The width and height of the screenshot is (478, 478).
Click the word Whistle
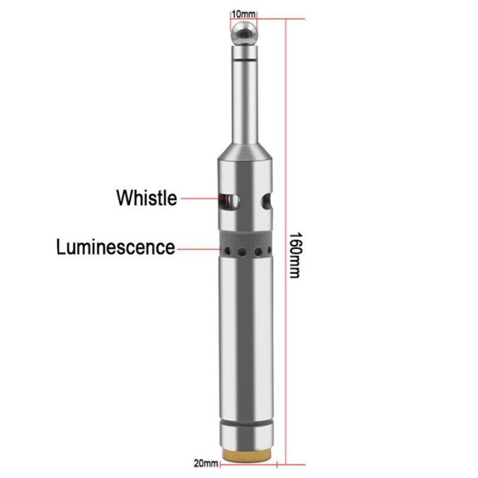point(147,197)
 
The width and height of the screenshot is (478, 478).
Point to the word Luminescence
point(116,247)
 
